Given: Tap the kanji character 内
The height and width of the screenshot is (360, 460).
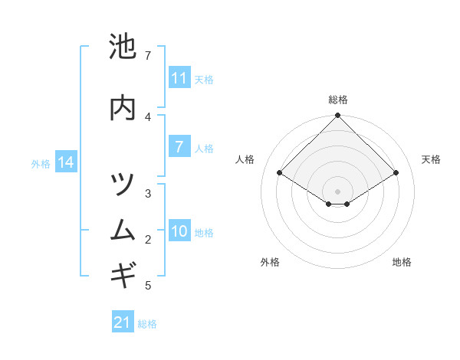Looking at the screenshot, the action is point(123,108).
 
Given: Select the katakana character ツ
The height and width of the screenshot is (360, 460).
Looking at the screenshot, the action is point(123,185).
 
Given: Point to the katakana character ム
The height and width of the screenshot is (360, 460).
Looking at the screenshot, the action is point(123,229).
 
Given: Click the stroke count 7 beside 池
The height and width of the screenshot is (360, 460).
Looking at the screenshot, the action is point(148,56).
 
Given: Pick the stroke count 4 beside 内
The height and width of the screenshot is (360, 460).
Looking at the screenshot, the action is point(148,116).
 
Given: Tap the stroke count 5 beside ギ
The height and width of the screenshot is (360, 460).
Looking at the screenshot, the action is point(148,286).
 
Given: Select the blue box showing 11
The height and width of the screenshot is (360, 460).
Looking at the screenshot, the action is point(179,78).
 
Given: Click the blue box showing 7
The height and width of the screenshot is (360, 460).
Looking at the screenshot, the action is point(179,147).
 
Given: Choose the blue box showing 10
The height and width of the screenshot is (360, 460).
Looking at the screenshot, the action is point(179,231).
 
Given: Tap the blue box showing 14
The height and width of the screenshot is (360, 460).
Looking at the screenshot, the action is point(66,162).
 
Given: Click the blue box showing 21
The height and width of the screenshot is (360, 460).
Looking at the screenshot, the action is point(123,322).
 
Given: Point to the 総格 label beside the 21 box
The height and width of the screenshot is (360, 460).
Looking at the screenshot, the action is point(147,324).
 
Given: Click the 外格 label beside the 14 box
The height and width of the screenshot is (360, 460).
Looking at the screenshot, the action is point(41,163).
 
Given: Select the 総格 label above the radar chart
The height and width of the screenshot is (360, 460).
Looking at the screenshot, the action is point(338,100).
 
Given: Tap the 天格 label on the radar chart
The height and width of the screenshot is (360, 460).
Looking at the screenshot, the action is point(431,159).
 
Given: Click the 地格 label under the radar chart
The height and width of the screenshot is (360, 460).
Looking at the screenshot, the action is point(402,262).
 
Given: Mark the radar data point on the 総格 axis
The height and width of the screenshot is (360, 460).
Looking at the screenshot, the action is point(338,116).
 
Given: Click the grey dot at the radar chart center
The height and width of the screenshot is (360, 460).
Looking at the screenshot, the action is point(338,191).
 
